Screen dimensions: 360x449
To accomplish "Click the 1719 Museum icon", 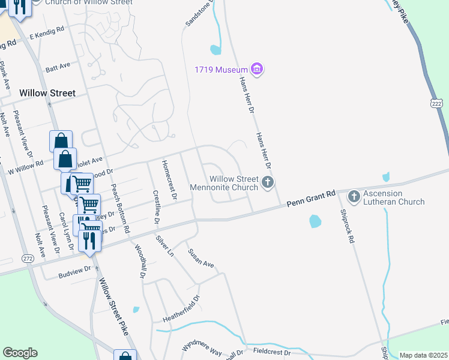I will [x=258, y=70].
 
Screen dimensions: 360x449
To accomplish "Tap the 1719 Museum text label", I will [x=221, y=70].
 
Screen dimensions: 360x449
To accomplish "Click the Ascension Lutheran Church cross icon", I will [x=354, y=196].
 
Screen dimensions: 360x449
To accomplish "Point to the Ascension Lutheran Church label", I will [x=394, y=198].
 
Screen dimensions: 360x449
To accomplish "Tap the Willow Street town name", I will [x=47, y=93].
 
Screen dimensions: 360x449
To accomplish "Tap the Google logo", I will [x=20, y=353].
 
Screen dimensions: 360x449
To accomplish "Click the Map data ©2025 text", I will [x=423, y=355].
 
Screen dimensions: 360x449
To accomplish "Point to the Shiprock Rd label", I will [x=347, y=226].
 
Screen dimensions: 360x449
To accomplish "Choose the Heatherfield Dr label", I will [x=180, y=310].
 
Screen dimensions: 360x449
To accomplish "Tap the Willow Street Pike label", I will [x=113, y=310].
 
